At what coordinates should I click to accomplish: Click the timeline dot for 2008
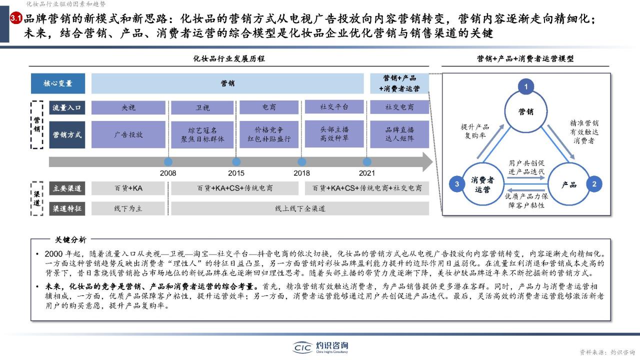(x=168, y=162)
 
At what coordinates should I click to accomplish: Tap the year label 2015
(x=236, y=173)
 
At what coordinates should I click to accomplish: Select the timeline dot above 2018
(x=301, y=162)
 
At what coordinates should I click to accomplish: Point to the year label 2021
(x=367, y=173)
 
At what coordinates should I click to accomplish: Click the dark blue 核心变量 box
(x=58, y=83)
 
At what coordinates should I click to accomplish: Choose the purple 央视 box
(x=128, y=107)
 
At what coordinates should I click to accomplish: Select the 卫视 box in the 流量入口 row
(x=202, y=107)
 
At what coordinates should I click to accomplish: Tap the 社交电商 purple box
(x=399, y=107)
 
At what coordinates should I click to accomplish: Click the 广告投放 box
(x=128, y=134)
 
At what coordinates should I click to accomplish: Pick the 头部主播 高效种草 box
(x=334, y=133)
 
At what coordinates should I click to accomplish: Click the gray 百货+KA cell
(x=128, y=188)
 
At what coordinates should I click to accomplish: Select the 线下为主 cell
(x=128, y=208)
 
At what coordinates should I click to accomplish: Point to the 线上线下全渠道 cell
(x=300, y=208)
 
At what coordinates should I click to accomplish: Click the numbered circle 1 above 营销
(x=526, y=86)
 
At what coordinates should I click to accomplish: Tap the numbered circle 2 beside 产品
(x=594, y=184)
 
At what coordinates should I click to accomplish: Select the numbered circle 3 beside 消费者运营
(x=457, y=184)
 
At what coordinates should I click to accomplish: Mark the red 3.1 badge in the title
(x=16, y=18)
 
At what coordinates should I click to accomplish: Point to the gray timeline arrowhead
(x=427, y=162)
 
